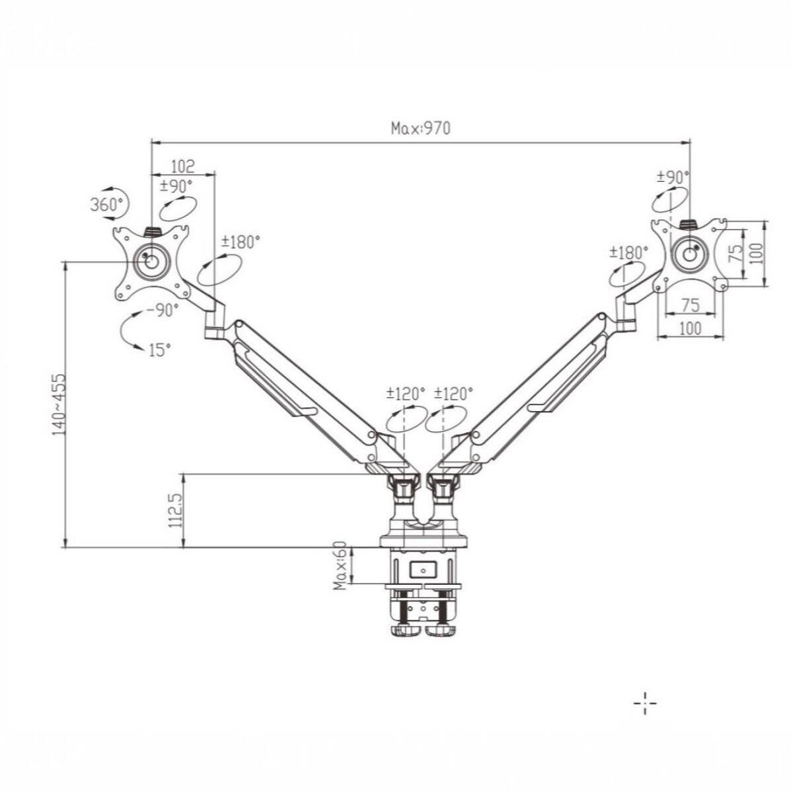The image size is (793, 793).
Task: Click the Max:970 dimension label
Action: click(x=420, y=128)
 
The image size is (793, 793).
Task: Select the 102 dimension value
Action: click(x=182, y=167)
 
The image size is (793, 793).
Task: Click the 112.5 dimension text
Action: click(x=175, y=510)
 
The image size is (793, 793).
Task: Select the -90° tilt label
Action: click(x=162, y=310)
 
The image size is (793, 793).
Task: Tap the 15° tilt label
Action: click(x=159, y=350)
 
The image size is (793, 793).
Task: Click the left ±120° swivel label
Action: click(x=405, y=394)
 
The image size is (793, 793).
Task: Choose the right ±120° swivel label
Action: click(x=453, y=394)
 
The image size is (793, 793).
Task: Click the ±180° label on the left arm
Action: click(x=241, y=242)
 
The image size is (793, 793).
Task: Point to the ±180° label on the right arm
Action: click(x=628, y=252)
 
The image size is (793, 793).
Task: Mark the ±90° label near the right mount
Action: click(x=673, y=177)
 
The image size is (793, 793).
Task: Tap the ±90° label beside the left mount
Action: click(x=176, y=186)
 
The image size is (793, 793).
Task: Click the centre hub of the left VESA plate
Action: click(x=151, y=261)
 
